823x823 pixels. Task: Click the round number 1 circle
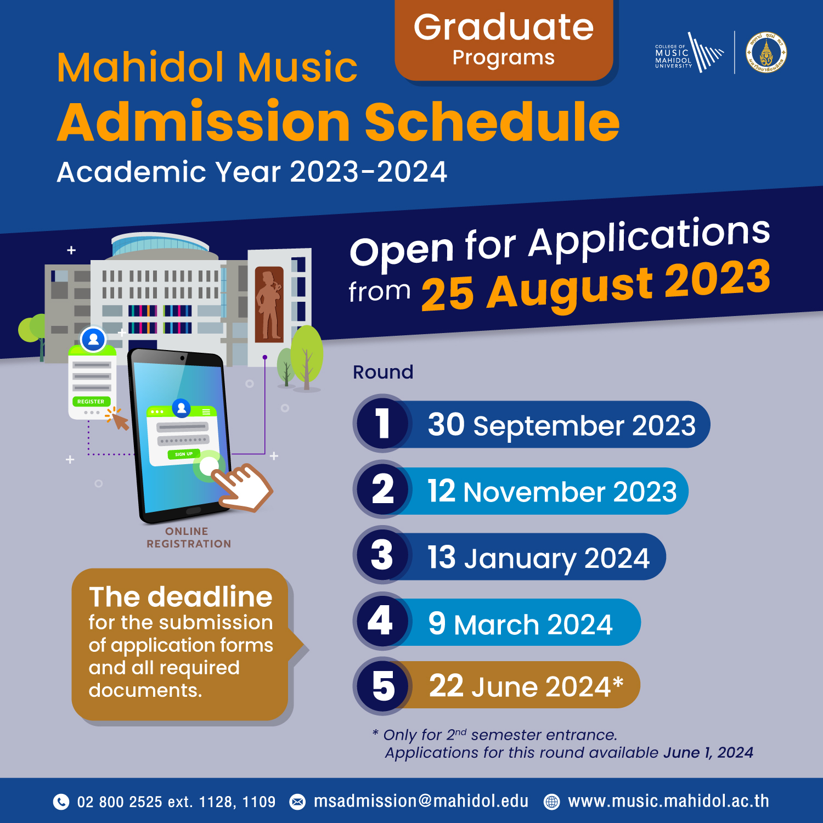[382, 423]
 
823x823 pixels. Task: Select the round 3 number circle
[382, 555]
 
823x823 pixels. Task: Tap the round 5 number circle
[382, 686]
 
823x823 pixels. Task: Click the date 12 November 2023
[552, 491]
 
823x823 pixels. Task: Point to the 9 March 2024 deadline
[520, 623]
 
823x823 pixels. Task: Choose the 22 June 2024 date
[526, 686]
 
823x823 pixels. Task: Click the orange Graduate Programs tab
[504, 41]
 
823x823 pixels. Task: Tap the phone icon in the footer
[61, 802]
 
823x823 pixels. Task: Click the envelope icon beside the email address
[297, 802]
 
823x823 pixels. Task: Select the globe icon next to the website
[551, 802]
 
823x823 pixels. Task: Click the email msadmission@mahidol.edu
[421, 801]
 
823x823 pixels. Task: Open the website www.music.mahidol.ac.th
[668, 801]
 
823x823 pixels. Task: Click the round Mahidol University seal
[766, 53]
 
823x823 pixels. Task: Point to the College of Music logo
[689, 53]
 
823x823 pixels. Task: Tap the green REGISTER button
[91, 402]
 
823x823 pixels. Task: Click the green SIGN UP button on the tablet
[184, 454]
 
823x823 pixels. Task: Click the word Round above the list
[383, 372]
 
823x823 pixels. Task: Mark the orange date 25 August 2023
[596, 285]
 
